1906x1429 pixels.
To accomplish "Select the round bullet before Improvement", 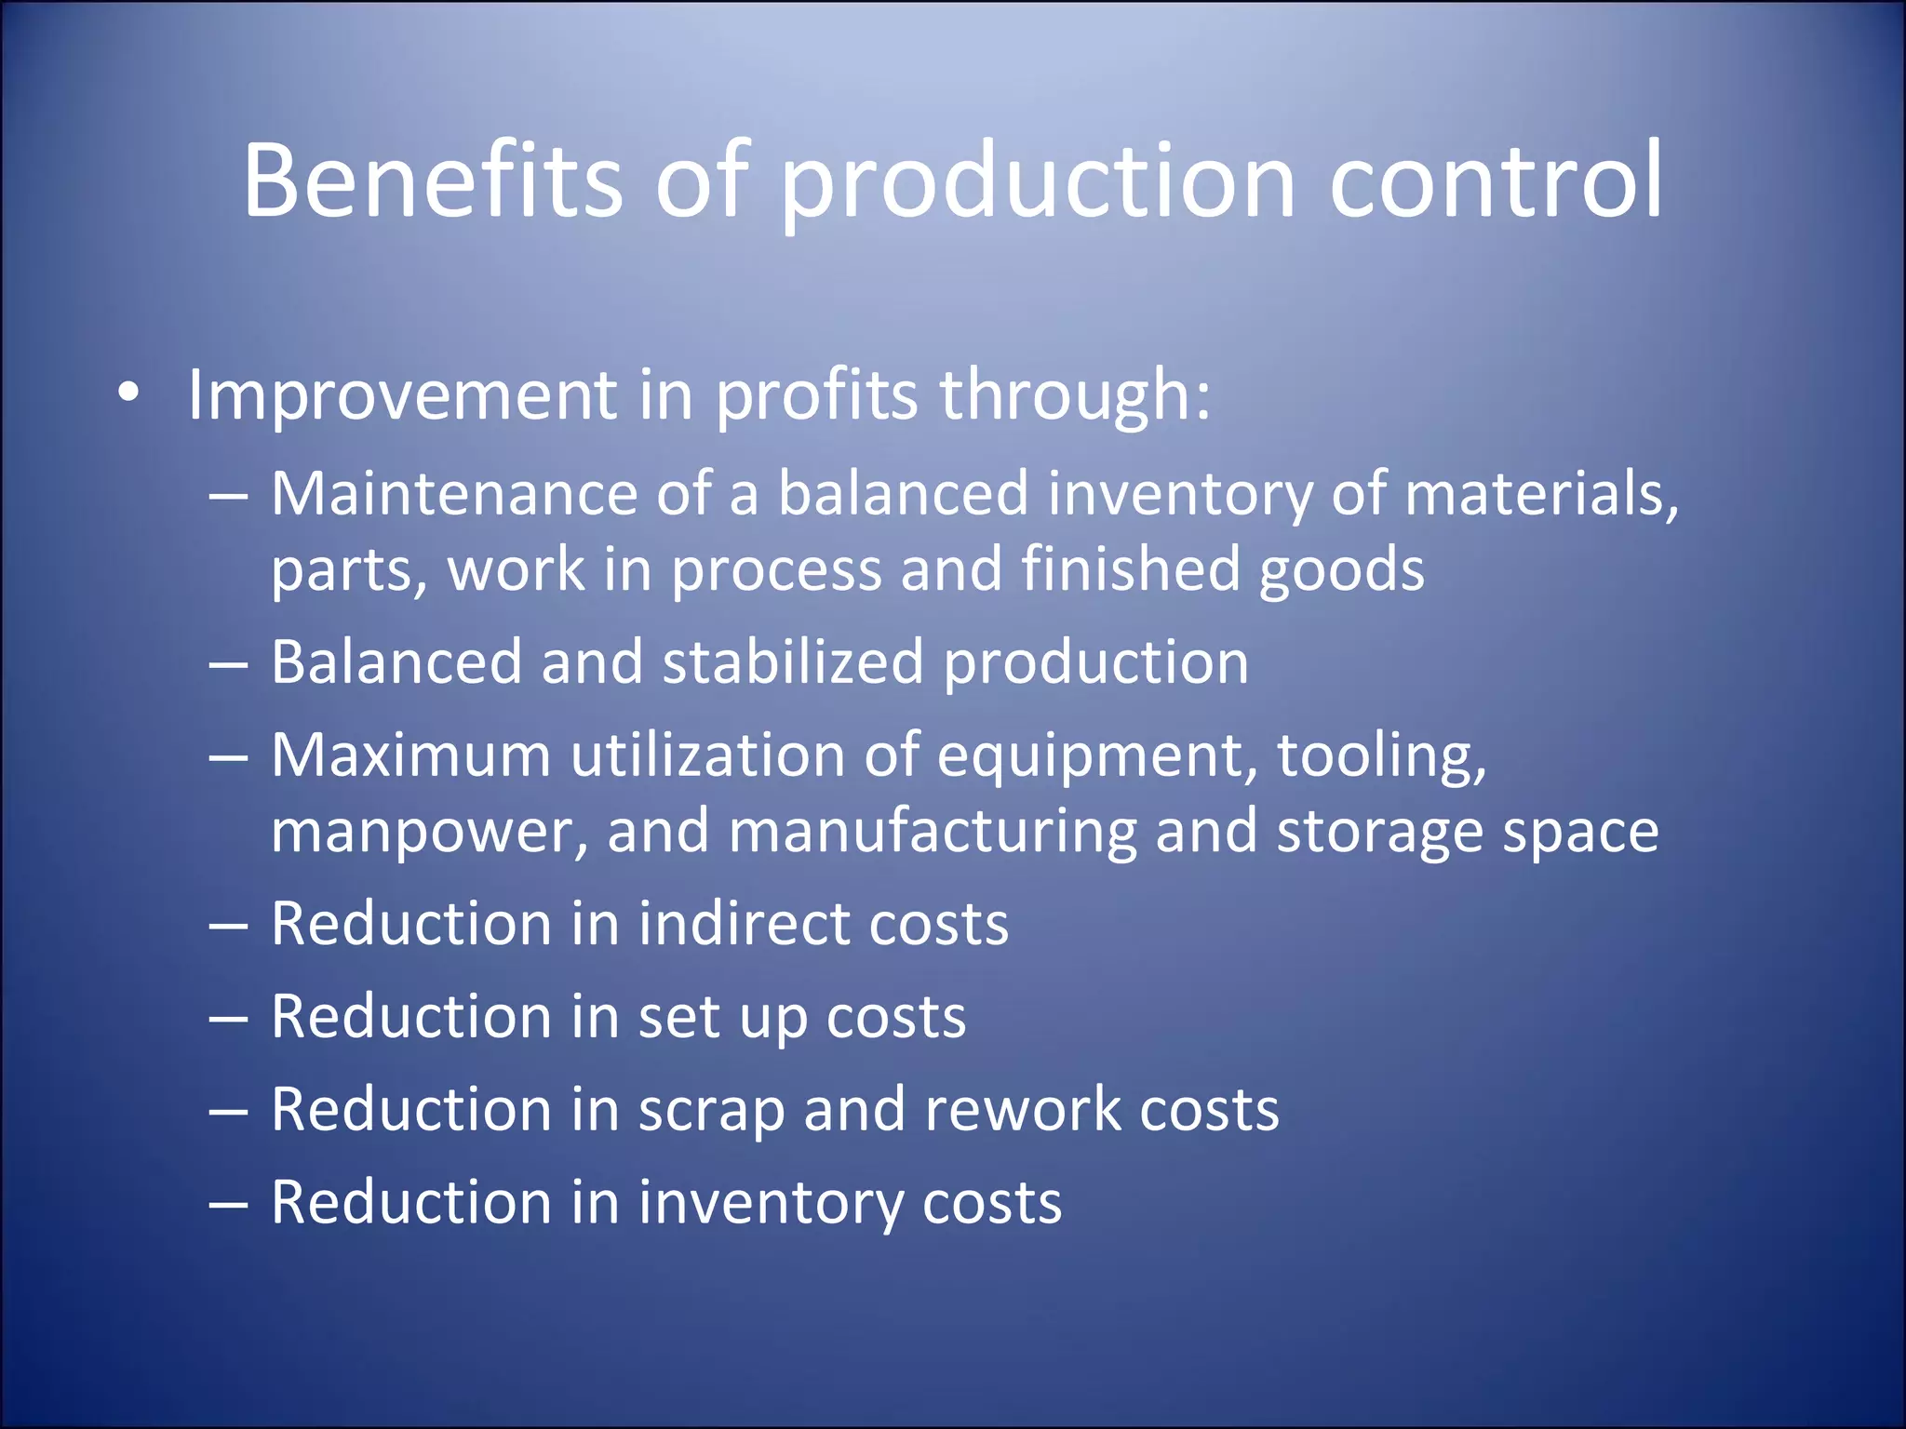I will pyautogui.click(x=128, y=394).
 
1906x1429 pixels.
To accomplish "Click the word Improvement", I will pyautogui.click(x=402, y=394).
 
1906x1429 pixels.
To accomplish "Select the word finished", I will pyautogui.click(x=1131, y=568).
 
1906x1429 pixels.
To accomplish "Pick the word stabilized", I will pyautogui.click(x=793, y=662).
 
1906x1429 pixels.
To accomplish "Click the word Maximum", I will pyautogui.click(x=410, y=755).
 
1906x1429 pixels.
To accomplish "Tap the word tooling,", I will pyautogui.click(x=1381, y=756).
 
